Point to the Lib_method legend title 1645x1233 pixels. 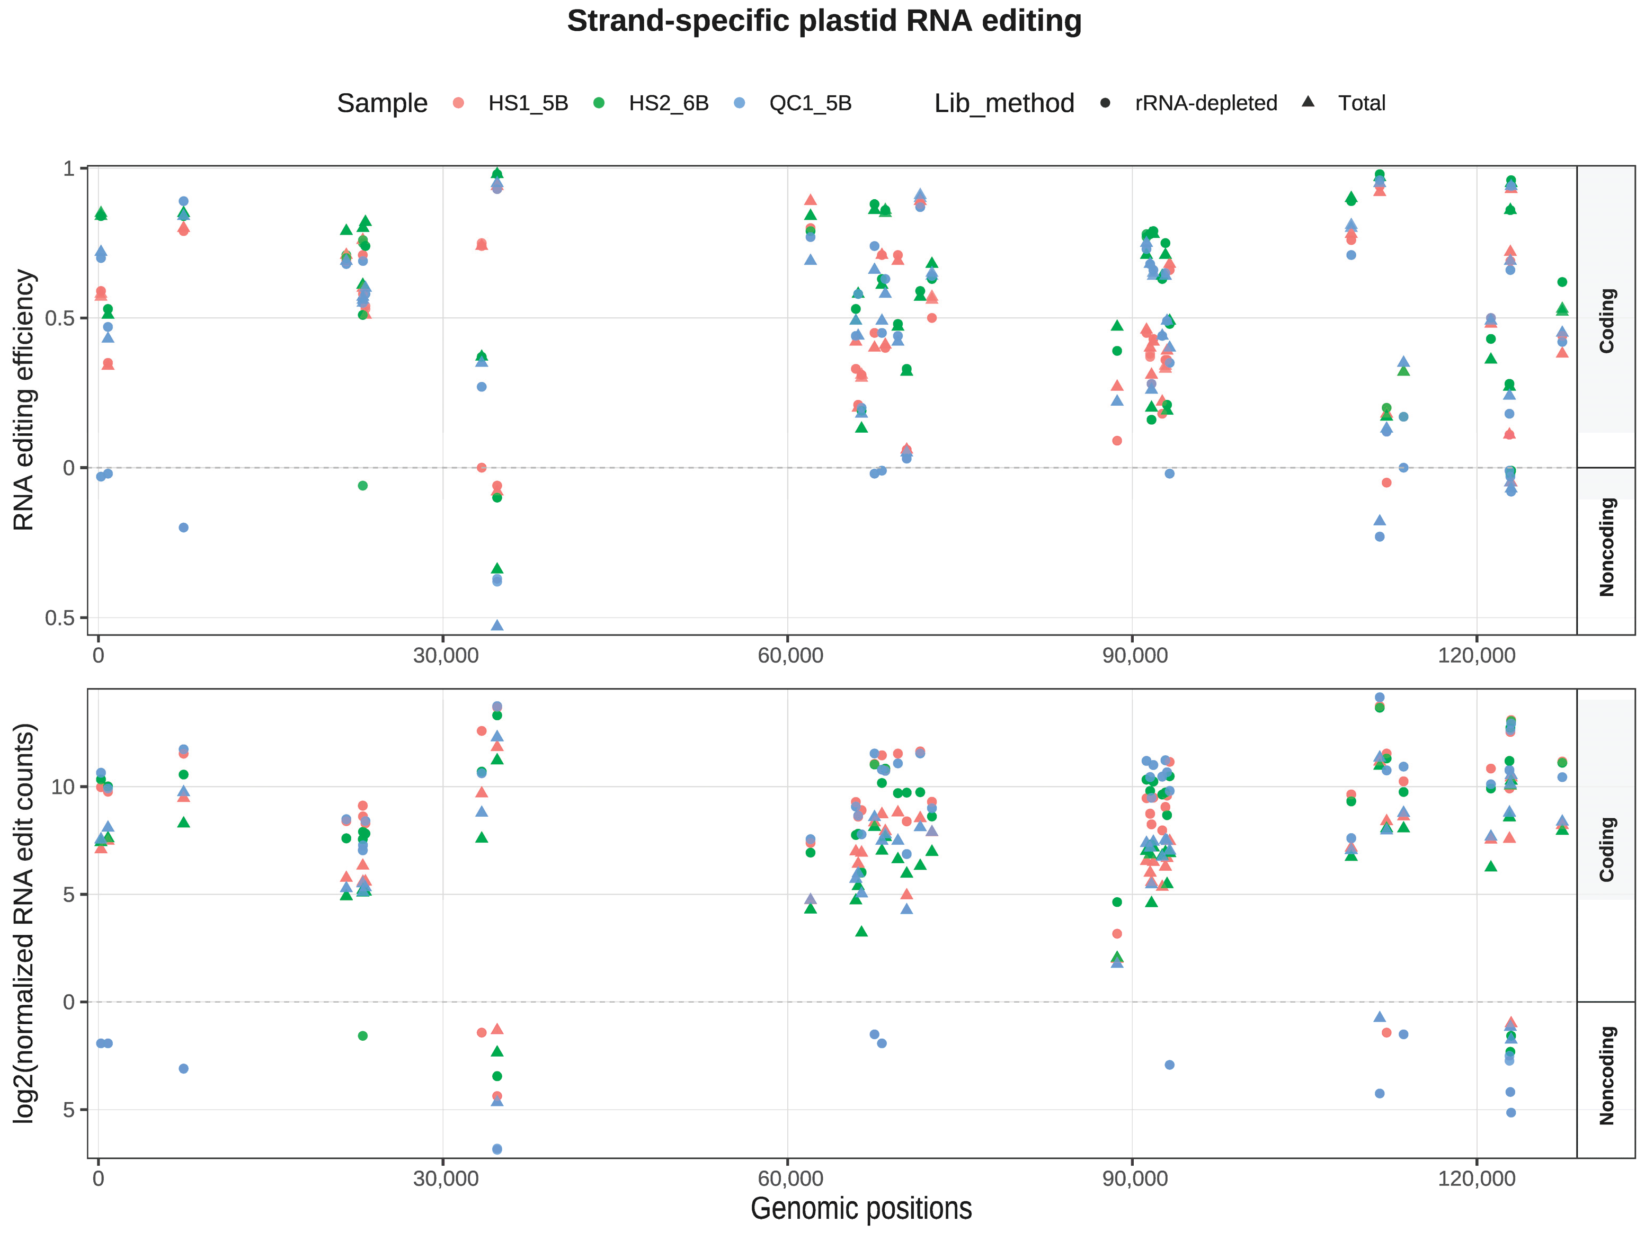[1004, 103]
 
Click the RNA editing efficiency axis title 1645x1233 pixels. [24, 400]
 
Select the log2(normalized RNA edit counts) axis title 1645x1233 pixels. [24, 923]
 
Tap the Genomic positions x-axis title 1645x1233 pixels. [860, 1209]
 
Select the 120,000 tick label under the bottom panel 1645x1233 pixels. [1476, 1179]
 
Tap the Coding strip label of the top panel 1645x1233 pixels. [1606, 320]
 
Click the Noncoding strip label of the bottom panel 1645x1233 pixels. [1606, 1075]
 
